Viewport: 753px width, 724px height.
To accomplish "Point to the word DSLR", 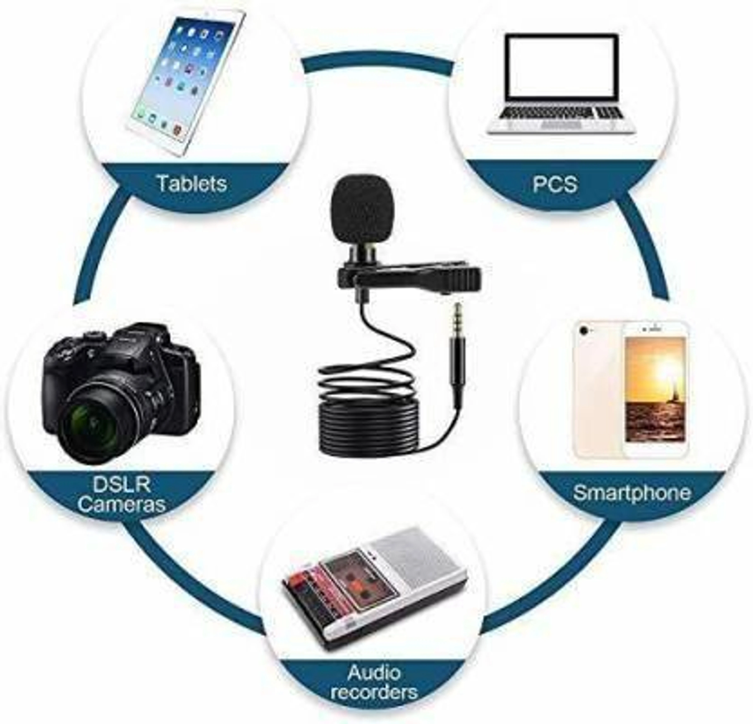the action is click(121, 485).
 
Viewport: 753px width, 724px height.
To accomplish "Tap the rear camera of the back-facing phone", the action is click(585, 330).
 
